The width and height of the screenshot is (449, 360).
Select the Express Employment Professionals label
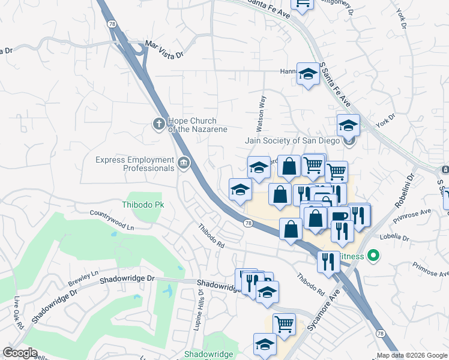[x=134, y=164]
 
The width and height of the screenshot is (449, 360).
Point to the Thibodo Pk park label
[x=143, y=205]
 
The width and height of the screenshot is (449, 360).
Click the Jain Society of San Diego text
[x=292, y=141]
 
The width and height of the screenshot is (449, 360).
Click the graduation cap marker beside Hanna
[x=309, y=74]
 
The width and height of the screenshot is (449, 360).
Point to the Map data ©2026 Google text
[x=411, y=355]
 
